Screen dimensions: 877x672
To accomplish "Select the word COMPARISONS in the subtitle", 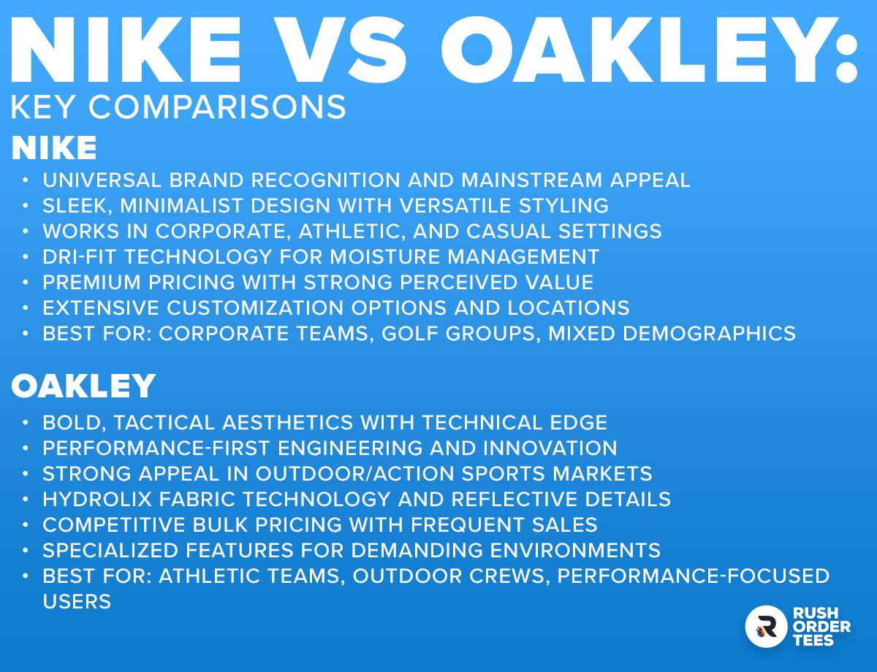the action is point(217,107).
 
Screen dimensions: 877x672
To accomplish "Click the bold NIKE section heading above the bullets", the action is point(54,148).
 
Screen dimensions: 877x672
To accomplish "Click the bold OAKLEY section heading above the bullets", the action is point(83,386).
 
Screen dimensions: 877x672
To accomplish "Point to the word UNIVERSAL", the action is point(102,180).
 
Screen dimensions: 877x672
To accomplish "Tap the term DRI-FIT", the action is point(80,257).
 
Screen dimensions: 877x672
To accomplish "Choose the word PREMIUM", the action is point(91,283).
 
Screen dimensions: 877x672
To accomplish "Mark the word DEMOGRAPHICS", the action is point(709,334).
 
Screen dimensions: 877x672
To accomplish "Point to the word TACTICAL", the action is point(164,423).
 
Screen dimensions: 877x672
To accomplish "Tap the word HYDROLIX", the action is point(97,500).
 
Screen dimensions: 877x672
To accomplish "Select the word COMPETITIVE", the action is point(113,524).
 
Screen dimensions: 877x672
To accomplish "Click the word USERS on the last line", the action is point(77,602).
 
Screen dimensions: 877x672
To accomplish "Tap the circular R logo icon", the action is point(767,627).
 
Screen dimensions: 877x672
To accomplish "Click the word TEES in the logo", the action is point(813,640).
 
